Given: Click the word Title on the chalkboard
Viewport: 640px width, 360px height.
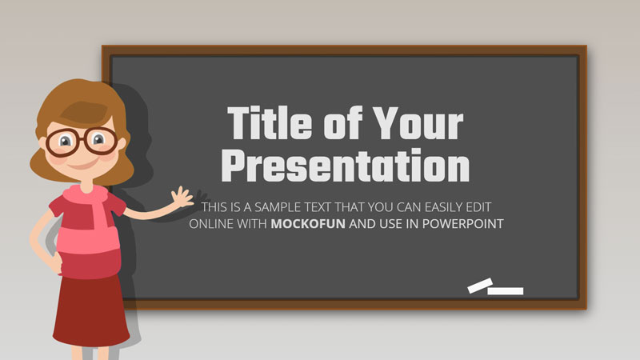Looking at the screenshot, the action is (x=270, y=123).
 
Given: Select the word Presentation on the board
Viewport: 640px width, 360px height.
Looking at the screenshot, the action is (x=346, y=165).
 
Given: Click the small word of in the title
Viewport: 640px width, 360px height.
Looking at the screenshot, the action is (x=343, y=123).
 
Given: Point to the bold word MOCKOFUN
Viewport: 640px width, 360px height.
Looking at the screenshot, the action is (x=308, y=224).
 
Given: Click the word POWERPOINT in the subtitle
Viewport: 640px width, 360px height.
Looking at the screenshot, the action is (x=463, y=224).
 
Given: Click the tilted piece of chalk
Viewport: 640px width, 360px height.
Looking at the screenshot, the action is (x=480, y=286).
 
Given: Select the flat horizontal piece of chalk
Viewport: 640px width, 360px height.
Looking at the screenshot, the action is (x=506, y=291).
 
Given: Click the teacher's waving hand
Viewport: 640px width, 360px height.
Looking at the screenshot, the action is (x=182, y=197).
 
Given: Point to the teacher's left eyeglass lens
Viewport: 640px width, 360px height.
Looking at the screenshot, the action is (x=62, y=142).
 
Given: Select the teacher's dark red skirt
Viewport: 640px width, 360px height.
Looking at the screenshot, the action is (x=90, y=311).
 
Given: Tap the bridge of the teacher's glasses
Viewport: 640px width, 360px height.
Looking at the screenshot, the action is (x=82, y=140).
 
